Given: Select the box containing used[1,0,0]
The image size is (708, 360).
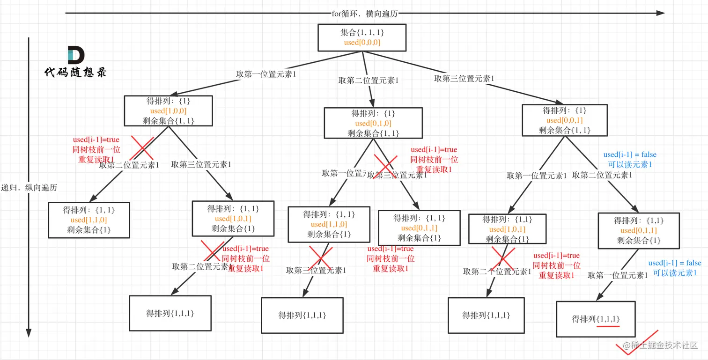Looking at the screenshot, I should pyautogui.click(x=168, y=110).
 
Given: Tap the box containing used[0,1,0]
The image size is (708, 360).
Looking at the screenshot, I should pyautogui.click(x=373, y=123).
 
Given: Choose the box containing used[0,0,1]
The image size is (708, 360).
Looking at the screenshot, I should pyautogui.click(x=564, y=120).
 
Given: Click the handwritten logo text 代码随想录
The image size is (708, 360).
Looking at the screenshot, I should pyautogui.click(x=75, y=73).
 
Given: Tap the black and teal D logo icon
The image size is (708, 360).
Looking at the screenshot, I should pyautogui.click(x=75, y=55).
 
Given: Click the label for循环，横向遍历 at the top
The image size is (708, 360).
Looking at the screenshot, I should pyautogui.click(x=365, y=14).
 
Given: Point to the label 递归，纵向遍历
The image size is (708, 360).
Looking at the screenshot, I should pyautogui.click(x=29, y=188).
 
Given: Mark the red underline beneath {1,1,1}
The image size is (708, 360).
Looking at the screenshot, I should pyautogui.click(x=608, y=326).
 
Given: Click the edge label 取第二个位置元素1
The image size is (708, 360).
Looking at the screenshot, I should pyautogui.click(x=497, y=272).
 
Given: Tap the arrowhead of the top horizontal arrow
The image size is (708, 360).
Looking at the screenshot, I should pyautogui.click(x=661, y=13).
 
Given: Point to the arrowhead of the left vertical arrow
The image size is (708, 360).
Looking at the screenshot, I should pyautogui.click(x=29, y=333).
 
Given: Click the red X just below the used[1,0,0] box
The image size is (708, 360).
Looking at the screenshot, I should pyautogui.click(x=142, y=147).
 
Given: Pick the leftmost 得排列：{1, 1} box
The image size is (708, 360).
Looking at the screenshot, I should pyautogui.click(x=89, y=220).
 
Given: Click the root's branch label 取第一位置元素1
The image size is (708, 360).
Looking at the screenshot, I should pyautogui.click(x=266, y=74).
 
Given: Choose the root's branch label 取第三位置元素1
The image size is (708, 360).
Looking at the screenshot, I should pyautogui.click(x=464, y=79).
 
